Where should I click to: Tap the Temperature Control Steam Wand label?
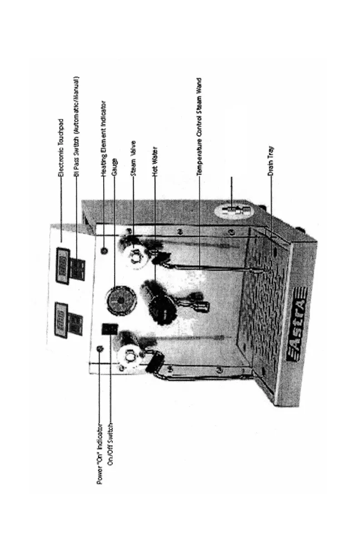(199, 127)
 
